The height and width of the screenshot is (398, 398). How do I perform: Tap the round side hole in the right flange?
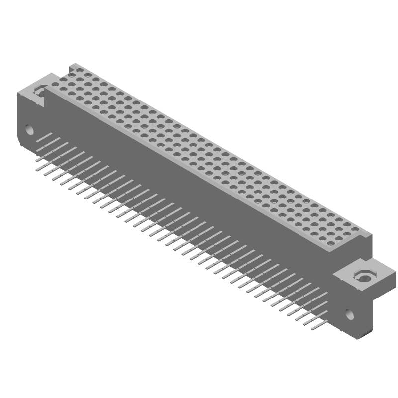[350, 314]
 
